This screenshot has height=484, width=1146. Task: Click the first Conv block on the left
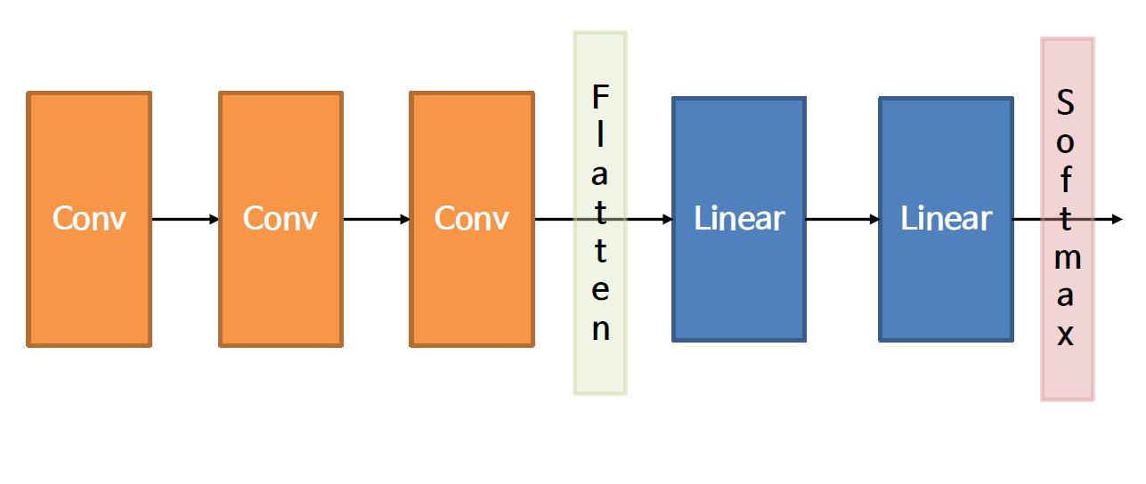pyautogui.click(x=89, y=219)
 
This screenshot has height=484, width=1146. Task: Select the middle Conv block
pyautogui.click(x=280, y=219)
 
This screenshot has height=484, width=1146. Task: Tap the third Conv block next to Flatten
pyautogui.click(x=471, y=219)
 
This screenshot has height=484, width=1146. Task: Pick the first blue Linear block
pyautogui.click(x=738, y=219)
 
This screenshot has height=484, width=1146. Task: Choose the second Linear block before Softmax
pyautogui.click(x=946, y=219)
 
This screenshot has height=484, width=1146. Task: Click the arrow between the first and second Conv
pyautogui.click(x=185, y=219)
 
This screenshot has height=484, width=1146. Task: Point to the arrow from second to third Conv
pyautogui.click(x=376, y=219)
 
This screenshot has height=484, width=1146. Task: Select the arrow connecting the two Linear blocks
pyautogui.click(x=842, y=219)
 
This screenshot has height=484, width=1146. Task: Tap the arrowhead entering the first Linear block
pyautogui.click(x=667, y=219)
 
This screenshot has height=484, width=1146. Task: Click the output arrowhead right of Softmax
pyautogui.click(x=1118, y=219)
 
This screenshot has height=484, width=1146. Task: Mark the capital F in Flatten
pyautogui.click(x=601, y=96)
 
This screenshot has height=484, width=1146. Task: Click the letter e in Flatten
pyautogui.click(x=601, y=291)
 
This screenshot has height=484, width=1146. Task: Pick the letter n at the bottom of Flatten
pyautogui.click(x=601, y=329)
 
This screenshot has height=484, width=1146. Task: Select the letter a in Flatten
pyautogui.click(x=601, y=174)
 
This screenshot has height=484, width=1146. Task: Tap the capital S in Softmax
pyautogui.click(x=1066, y=103)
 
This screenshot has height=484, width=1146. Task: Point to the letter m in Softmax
pyautogui.click(x=1067, y=258)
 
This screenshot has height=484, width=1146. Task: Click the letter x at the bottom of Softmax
pyautogui.click(x=1066, y=336)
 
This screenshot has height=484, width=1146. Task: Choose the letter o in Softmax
pyautogui.click(x=1066, y=142)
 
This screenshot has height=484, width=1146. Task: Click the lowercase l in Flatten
pyautogui.click(x=601, y=135)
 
